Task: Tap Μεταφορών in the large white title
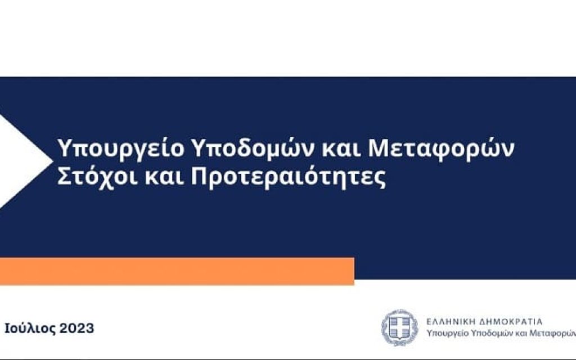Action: pyautogui.click(x=441, y=148)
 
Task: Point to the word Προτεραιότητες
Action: pyautogui.click(x=289, y=178)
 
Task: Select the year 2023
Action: pyautogui.click(x=76, y=328)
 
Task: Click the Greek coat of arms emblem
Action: pyautogui.click(x=400, y=327)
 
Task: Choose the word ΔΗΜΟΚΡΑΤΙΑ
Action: pyautogui.click(x=511, y=322)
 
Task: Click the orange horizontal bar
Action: pyautogui.click(x=177, y=271)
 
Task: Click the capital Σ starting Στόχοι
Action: pyautogui.click(x=64, y=178)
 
